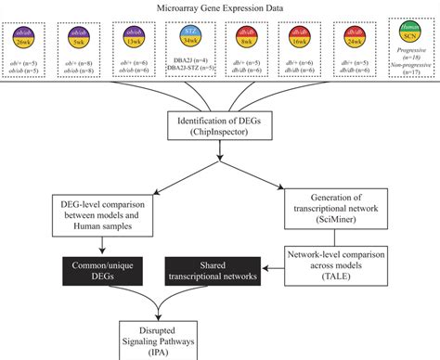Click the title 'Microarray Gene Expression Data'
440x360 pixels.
click(219, 7)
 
